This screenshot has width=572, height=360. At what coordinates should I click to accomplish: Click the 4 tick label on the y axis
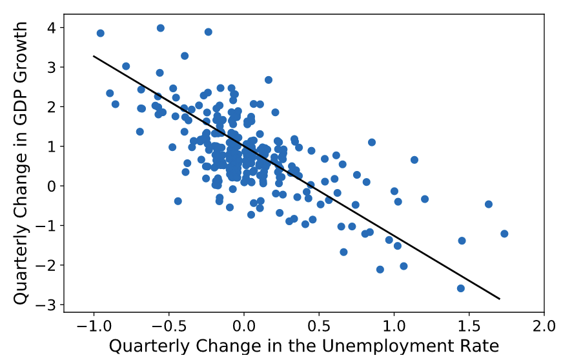point(50,28)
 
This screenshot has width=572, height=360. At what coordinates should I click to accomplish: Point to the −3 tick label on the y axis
point(46,304)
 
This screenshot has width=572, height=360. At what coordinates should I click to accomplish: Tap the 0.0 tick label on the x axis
point(244,325)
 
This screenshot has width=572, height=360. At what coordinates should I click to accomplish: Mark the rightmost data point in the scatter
point(504,234)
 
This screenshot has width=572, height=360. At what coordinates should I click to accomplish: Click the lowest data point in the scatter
point(461,288)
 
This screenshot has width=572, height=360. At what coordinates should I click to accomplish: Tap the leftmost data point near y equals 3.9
point(100,33)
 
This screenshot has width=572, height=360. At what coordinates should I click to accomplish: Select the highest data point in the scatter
point(161,28)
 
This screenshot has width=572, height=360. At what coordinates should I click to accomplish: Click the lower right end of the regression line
point(500,299)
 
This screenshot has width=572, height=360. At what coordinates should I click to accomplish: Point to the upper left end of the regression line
point(94,56)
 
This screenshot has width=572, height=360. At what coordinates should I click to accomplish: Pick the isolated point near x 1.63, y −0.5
point(489,204)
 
